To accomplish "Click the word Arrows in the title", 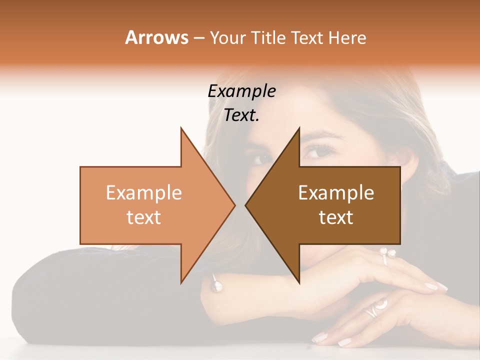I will pyautogui.click(x=156, y=37).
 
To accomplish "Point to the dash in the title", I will pyautogui.click(x=198, y=38).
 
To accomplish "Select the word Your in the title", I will pyautogui.click(x=225, y=38).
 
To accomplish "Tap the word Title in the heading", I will pyautogui.click(x=268, y=38).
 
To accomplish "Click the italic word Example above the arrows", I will pyautogui.click(x=241, y=91).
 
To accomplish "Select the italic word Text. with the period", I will pyautogui.click(x=241, y=115).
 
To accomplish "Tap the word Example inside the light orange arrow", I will pyautogui.click(x=144, y=193).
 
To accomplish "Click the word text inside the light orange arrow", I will pyautogui.click(x=144, y=217).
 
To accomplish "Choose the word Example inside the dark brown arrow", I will pyautogui.click(x=336, y=193).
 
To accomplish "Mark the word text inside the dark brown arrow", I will pyautogui.click(x=336, y=217).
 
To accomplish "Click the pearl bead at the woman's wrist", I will pyautogui.click(x=217, y=286).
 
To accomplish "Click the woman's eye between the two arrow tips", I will pyautogui.click(x=260, y=159).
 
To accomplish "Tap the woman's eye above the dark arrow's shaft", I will pyautogui.click(x=315, y=150).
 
